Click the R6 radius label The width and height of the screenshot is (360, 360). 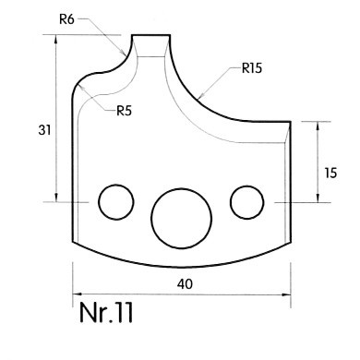[66, 19]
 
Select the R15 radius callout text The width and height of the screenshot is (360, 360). [252, 68]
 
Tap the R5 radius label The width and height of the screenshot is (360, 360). [124, 111]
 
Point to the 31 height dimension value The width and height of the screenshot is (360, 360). [44, 130]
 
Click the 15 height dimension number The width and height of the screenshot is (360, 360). [330, 173]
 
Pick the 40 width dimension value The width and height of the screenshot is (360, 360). [185, 283]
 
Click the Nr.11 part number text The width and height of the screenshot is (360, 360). [106, 312]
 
